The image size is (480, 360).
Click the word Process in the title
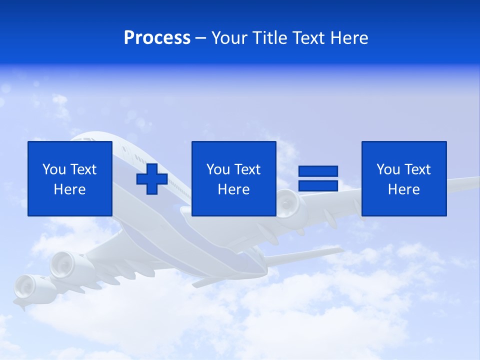click(157, 38)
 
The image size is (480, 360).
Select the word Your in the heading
click(228, 38)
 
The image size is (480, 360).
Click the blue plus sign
click(152, 179)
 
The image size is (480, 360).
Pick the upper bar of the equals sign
click(318, 171)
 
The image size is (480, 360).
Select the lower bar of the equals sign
click(318, 185)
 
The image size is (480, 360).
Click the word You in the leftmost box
click(54, 169)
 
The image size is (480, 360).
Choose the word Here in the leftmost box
click(69, 189)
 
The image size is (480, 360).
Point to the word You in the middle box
click(218, 169)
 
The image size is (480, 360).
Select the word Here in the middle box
click(233, 189)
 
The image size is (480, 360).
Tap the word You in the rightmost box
click(388, 169)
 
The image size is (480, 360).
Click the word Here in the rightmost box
click(403, 189)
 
